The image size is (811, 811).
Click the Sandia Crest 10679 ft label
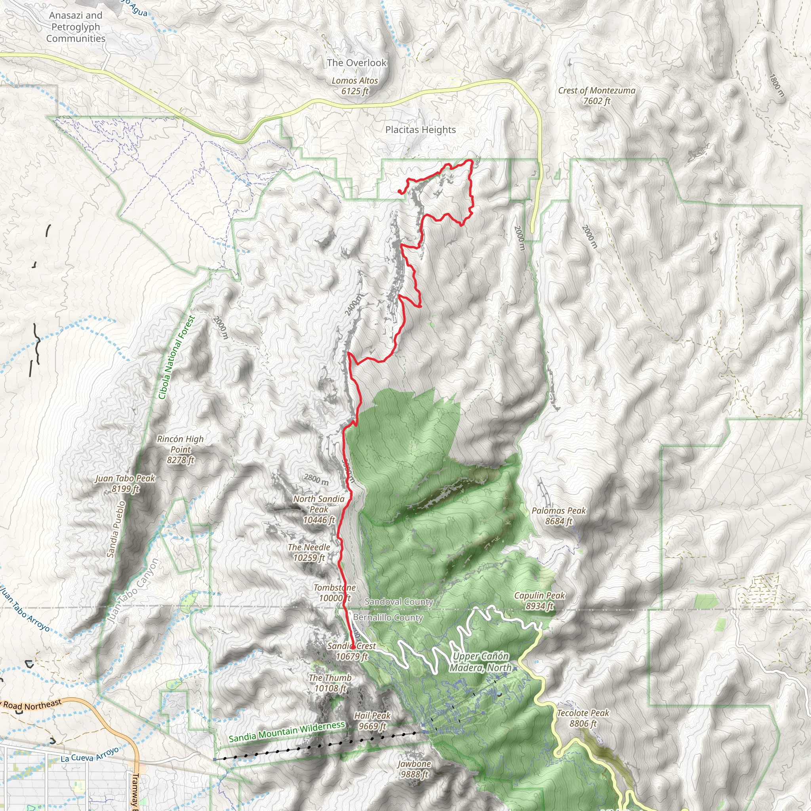coord(352,651)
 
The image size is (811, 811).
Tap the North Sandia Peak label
coord(319,509)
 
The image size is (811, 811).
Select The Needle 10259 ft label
coord(309,552)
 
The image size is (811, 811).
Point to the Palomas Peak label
coord(558,516)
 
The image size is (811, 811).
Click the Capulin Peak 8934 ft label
coord(539,601)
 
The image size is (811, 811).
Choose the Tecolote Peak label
coord(583,718)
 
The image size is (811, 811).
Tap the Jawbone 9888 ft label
coord(414,769)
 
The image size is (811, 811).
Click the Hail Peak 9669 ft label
coord(372,721)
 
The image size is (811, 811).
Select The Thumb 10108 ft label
coord(330,683)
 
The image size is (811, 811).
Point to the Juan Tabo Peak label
coord(125,483)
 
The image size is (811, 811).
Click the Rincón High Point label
coord(181,449)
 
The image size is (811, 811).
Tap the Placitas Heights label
coord(420,130)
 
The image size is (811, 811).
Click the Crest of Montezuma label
coord(596,95)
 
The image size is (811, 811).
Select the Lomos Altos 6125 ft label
coord(355,86)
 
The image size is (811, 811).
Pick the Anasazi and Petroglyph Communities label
coord(76,27)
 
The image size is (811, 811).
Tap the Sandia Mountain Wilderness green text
coord(287,732)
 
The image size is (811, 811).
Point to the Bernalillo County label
coord(388,617)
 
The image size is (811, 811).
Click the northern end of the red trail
coord(399,192)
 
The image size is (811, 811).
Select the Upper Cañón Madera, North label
coord(480,662)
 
